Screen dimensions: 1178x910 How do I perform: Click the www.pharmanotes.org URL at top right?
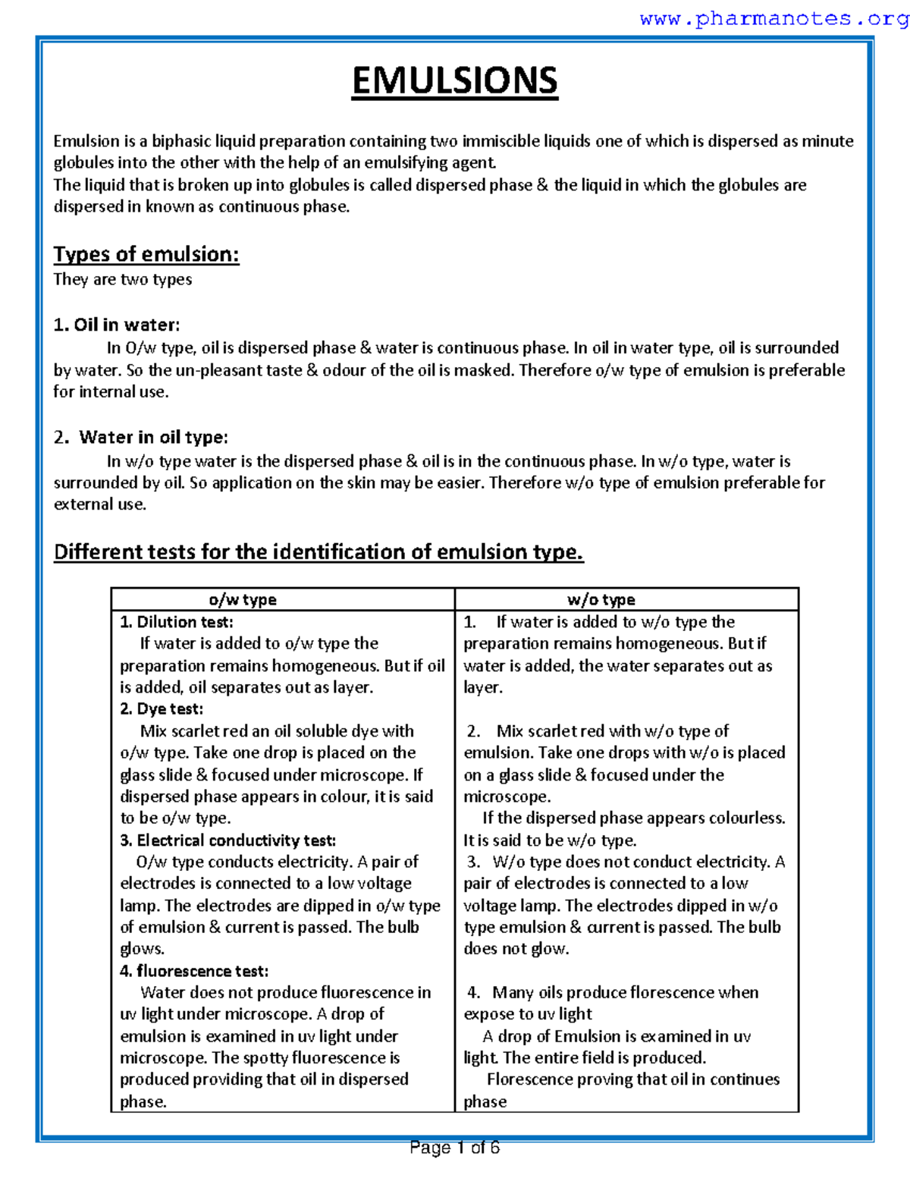pyautogui.click(x=773, y=19)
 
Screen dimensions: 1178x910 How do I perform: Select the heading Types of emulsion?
pyautogui.click(x=146, y=254)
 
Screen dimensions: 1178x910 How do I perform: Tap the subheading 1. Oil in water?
pyautogui.click(x=117, y=325)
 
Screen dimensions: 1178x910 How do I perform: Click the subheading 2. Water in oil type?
pyautogui.click(x=141, y=437)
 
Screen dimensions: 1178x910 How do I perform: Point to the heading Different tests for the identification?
pyautogui.click(x=318, y=551)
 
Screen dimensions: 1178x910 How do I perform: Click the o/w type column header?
pyautogui.click(x=243, y=599)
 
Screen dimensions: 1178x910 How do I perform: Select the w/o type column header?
pyautogui.click(x=601, y=599)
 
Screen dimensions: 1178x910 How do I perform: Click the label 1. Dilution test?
pyautogui.click(x=177, y=622)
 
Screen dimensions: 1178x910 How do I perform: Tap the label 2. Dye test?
pyautogui.click(x=162, y=709)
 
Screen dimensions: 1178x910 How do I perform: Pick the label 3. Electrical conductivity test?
pyautogui.click(x=227, y=840)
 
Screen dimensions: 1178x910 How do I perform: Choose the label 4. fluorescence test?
pyautogui.click(x=194, y=971)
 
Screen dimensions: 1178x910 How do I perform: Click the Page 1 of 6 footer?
pyautogui.click(x=454, y=1148)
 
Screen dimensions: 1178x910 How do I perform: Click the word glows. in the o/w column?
pyautogui.click(x=142, y=949)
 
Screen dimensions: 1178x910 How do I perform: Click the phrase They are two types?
pyautogui.click(x=122, y=279)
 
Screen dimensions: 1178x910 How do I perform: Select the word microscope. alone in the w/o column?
pyautogui.click(x=507, y=796)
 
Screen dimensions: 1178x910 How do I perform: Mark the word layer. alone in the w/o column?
pyautogui.click(x=483, y=687)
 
